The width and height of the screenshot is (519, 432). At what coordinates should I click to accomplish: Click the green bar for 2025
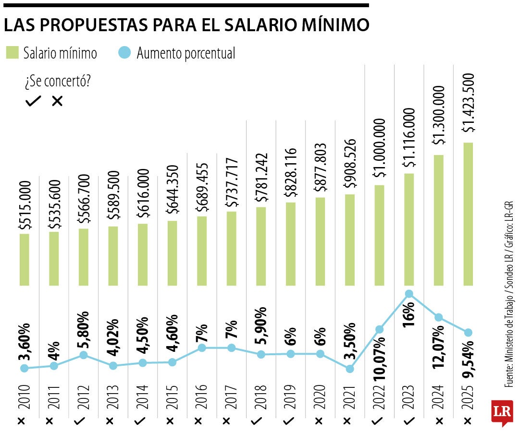click(468, 214)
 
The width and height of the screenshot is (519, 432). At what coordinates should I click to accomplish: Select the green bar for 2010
click(24, 259)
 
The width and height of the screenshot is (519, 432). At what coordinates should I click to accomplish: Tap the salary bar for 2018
click(261, 246)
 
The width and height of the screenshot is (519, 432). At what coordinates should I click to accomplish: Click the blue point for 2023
click(409, 294)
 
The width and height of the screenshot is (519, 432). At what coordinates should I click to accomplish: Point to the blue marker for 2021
click(350, 369)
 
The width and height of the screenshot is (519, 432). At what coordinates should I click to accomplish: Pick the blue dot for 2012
click(83, 355)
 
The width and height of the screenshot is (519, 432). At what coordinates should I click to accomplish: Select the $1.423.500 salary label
click(468, 103)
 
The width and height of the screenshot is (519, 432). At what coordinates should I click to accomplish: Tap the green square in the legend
click(12, 53)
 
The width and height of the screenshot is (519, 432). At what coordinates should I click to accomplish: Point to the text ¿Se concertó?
click(58, 82)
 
